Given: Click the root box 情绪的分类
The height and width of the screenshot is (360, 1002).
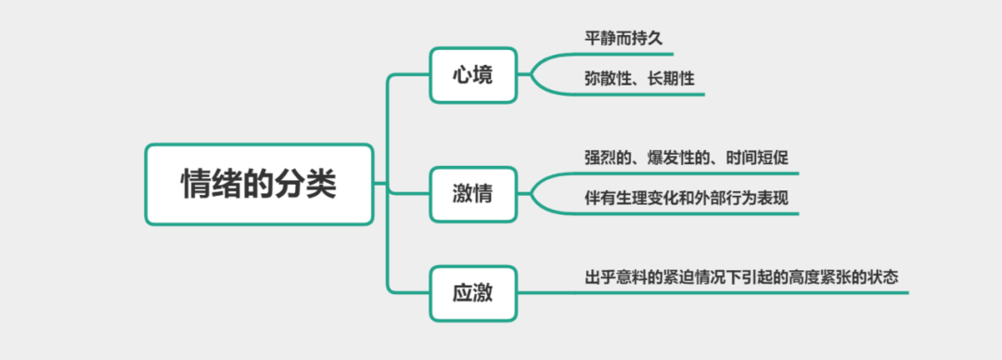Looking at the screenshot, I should tap(258, 184).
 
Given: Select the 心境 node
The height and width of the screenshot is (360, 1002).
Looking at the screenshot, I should tap(472, 76).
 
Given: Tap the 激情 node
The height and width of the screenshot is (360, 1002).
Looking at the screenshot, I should tap(472, 193).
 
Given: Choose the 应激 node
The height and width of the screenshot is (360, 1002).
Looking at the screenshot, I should tap(472, 293).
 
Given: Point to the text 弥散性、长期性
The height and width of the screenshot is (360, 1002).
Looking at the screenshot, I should tap(639, 80).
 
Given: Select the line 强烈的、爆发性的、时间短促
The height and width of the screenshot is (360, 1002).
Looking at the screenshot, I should tap(686, 157).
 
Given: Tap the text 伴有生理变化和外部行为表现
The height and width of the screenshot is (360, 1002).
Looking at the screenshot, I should tap(686, 198).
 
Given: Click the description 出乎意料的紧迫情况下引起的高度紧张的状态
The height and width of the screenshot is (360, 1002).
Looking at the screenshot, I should tap(741, 276).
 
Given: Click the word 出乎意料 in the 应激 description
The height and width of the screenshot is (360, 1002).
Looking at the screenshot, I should tap(614, 276).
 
